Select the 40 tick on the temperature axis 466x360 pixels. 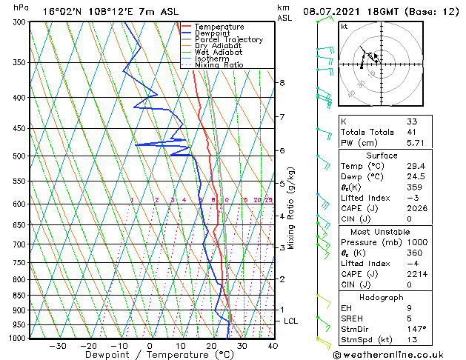(x=273, y=345)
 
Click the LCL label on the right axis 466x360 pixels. (x=291, y=321)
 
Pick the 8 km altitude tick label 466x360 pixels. (x=282, y=83)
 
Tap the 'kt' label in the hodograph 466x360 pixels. (x=344, y=27)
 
